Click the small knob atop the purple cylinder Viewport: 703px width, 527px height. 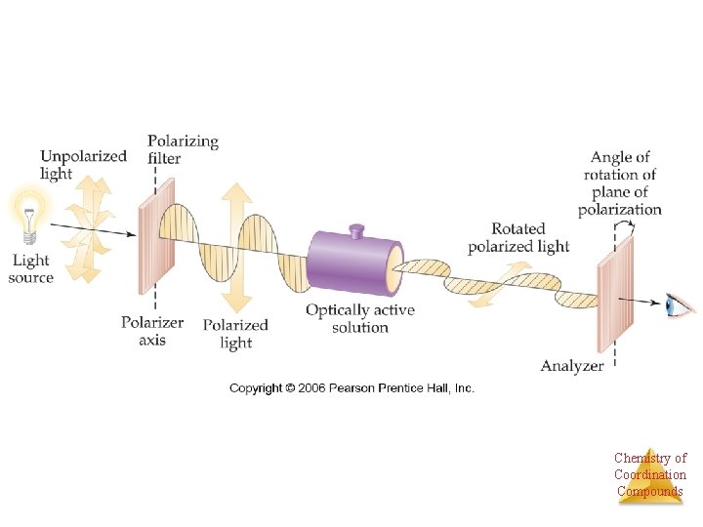[x=356, y=230]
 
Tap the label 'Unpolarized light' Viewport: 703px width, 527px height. [x=83, y=164]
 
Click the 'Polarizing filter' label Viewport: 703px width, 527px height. [x=183, y=149]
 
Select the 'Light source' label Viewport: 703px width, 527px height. [x=31, y=268]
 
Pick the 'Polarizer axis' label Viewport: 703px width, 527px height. [x=151, y=331]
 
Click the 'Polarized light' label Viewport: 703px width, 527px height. [x=234, y=333]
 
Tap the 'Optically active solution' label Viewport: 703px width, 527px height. [x=359, y=318]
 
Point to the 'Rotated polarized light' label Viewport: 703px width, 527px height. [x=517, y=237]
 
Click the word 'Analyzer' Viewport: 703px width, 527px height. [x=572, y=366]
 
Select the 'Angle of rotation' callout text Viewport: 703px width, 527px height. [x=620, y=182]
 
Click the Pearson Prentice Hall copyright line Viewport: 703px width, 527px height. [x=351, y=388]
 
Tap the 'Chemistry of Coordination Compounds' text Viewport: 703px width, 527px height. [x=650, y=474]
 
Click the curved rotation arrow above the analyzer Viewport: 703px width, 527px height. [x=624, y=226]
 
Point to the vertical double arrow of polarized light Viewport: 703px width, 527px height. [x=235, y=235]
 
